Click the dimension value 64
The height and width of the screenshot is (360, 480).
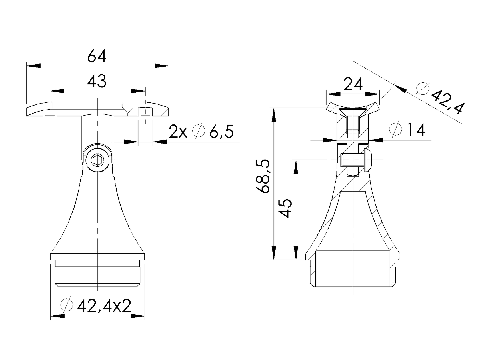97,56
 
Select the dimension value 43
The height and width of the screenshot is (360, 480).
97,81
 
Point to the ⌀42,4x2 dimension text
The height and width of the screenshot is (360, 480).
96,306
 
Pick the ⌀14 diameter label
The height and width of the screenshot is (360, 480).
407,130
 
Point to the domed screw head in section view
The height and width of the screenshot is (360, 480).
368,160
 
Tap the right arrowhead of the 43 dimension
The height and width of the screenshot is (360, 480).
138,91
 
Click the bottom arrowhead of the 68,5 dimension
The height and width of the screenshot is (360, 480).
274,253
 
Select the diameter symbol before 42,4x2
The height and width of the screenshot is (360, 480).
66,305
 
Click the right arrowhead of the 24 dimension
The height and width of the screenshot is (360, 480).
373,94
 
